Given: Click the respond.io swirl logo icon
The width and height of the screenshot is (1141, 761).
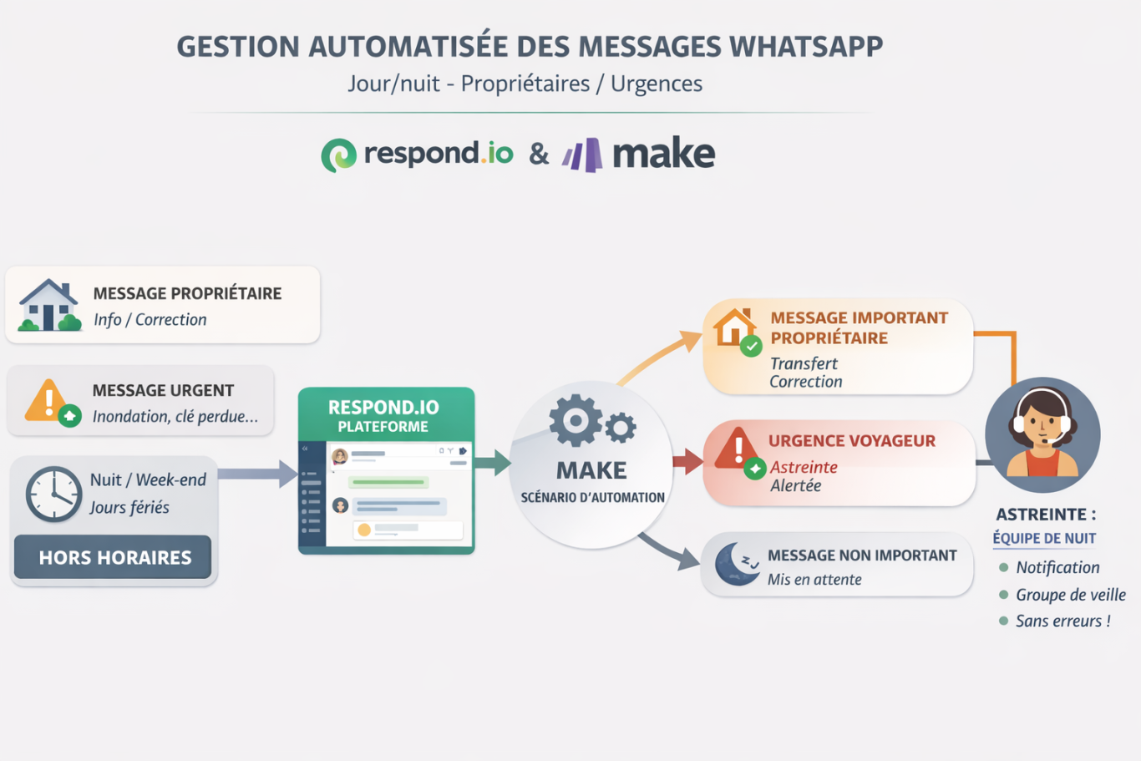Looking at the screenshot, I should (338, 155).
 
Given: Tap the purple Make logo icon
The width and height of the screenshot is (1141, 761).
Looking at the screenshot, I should (582, 155).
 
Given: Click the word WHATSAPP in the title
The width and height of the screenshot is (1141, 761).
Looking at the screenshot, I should (806, 47).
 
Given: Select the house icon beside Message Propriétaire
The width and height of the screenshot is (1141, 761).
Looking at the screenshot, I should (49, 305).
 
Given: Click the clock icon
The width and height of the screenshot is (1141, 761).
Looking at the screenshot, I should (53, 494).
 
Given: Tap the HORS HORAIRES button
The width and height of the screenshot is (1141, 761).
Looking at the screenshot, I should (114, 557).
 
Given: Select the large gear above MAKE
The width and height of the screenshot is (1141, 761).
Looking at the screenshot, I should (576, 420).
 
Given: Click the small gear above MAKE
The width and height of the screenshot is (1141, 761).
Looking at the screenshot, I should (620, 428).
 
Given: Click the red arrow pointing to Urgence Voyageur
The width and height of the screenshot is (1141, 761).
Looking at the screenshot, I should (687, 461).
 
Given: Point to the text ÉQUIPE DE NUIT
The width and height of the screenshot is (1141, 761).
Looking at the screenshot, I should (1044, 539).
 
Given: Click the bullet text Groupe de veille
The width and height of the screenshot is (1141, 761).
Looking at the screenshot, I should (1070, 595).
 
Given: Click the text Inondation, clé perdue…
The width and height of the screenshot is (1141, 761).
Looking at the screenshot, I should (175, 416).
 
